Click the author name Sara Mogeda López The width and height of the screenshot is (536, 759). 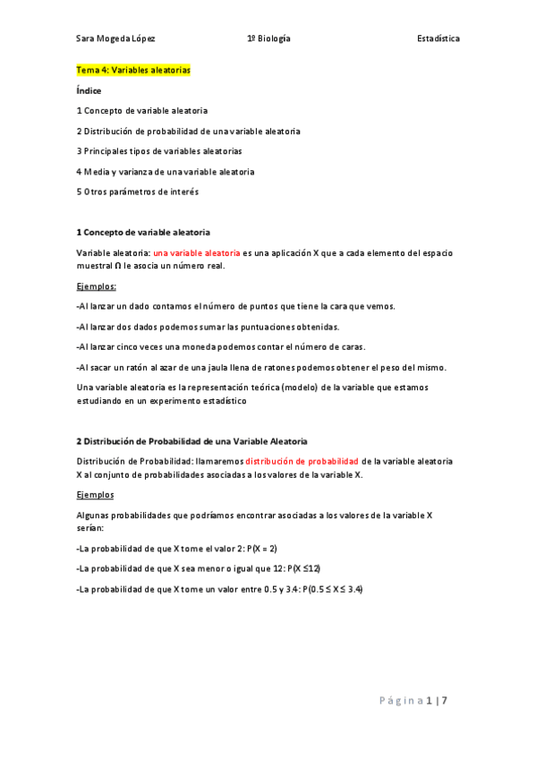[116, 39]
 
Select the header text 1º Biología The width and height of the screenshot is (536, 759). [268, 39]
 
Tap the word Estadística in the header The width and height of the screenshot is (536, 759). [438, 39]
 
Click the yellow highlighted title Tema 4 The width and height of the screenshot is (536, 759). [133, 70]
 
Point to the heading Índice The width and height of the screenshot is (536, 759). [89, 90]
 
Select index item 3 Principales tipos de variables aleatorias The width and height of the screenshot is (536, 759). [159, 151]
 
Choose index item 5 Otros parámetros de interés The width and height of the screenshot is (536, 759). [138, 192]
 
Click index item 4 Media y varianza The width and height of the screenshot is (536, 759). [166, 172]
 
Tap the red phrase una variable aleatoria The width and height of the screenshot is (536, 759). [196, 253]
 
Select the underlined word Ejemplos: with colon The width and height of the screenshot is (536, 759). [97, 286]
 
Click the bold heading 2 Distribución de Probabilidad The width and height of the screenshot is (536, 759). [191, 441]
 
